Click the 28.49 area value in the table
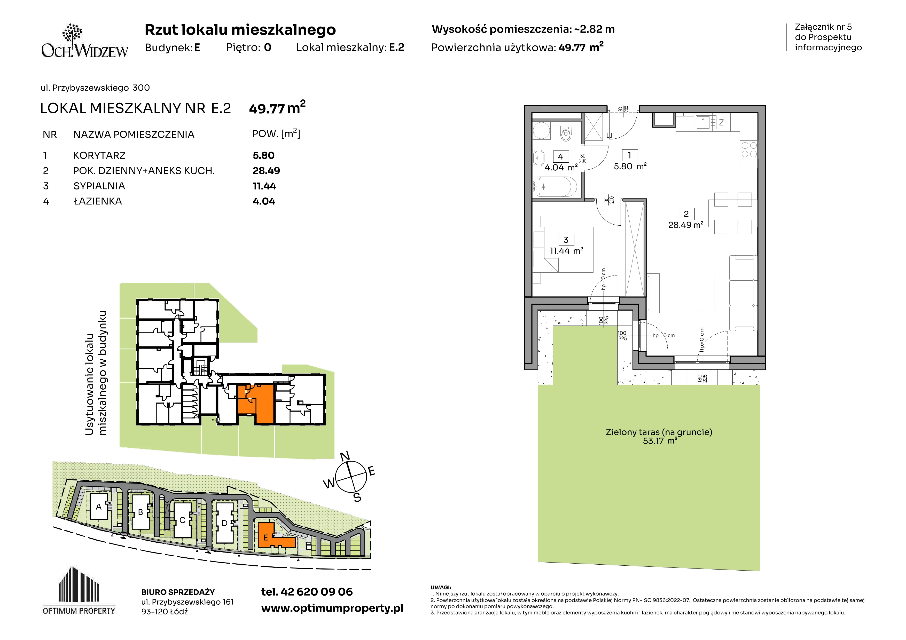pyautogui.click(x=266, y=171)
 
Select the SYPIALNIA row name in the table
pyautogui.click(x=99, y=186)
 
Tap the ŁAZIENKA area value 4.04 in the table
pyautogui.click(x=264, y=202)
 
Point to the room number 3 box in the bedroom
pyautogui.click(x=566, y=240)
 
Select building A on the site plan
pyautogui.click(x=99, y=507)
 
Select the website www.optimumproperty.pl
pyautogui.click(x=332, y=609)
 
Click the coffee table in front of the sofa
pyautogui.click(x=706, y=293)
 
